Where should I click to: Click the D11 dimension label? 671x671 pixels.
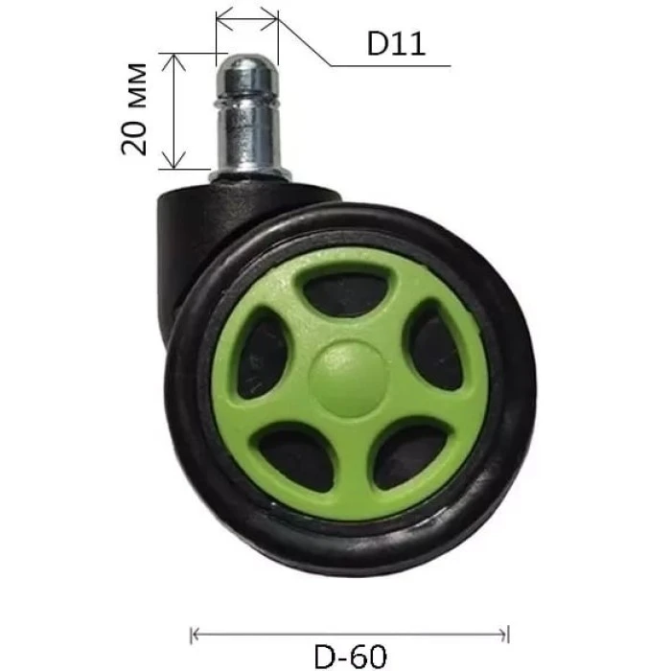coord(396,43)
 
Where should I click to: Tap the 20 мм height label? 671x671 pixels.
coord(134,109)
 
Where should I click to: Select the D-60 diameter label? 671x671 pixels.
coord(351,656)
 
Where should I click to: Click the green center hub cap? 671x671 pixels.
coord(349,380)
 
